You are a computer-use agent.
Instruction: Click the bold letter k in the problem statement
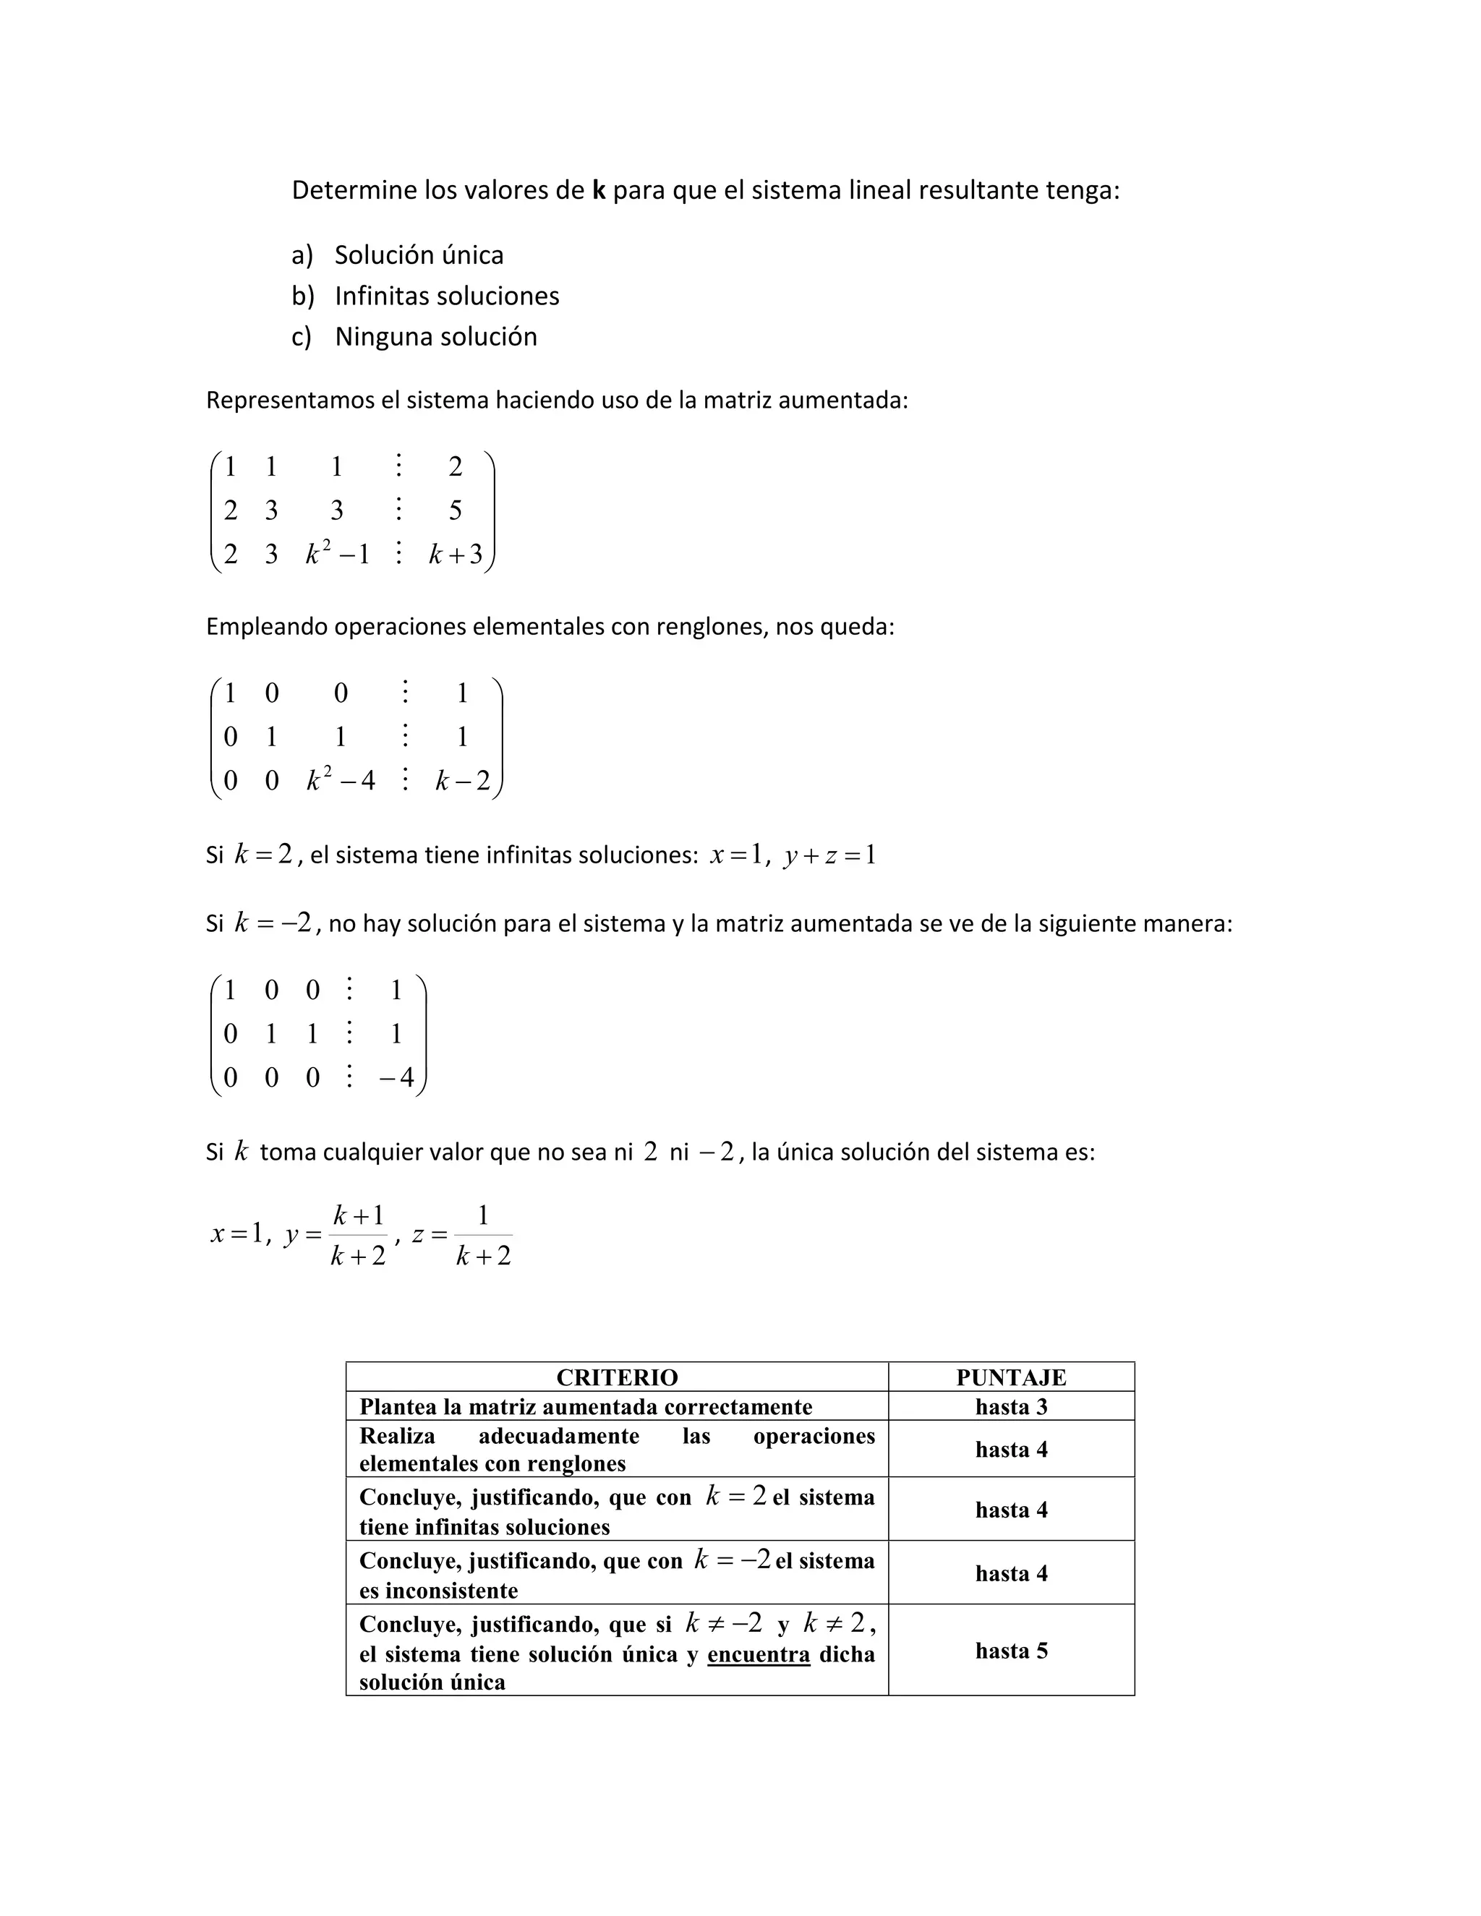point(599,190)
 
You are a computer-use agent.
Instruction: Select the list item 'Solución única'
point(419,255)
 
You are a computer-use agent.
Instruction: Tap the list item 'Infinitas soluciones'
point(447,296)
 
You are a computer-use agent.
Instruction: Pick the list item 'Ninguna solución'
point(435,337)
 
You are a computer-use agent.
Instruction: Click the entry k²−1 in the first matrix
point(337,554)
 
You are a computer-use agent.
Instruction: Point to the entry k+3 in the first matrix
point(456,555)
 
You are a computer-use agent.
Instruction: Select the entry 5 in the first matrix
point(456,510)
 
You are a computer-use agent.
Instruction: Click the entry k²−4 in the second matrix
point(341,780)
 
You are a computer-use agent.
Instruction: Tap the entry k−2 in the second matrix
point(462,780)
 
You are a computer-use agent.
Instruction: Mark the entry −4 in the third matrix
point(396,1077)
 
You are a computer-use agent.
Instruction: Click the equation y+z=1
point(830,855)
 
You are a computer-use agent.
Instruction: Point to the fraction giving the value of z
point(482,1235)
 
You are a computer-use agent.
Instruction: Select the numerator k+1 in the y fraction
point(358,1216)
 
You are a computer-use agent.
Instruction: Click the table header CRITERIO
point(617,1377)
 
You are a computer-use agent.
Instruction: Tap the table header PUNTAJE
point(1011,1377)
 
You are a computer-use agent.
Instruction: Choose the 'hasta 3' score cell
point(1011,1407)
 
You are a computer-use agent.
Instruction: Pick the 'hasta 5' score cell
point(1011,1651)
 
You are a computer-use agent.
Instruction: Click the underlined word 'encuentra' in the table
point(758,1654)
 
